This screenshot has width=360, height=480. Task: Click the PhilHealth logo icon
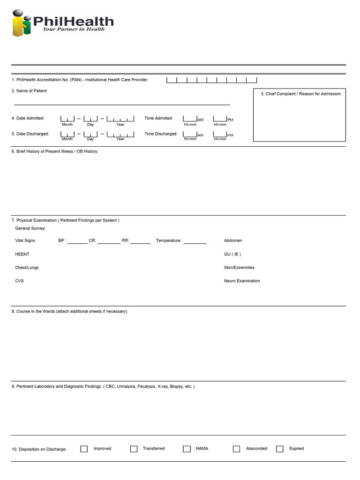[22, 23]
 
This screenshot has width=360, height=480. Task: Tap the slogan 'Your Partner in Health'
[74, 29]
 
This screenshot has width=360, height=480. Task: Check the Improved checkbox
[84, 449]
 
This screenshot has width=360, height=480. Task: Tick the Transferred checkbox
[134, 449]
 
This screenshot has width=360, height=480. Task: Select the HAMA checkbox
[187, 449]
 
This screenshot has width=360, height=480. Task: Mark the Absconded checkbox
[237, 449]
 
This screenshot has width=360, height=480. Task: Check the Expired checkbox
[280, 449]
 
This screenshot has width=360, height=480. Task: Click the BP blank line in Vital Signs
[77, 241]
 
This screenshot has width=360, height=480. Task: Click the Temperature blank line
[195, 241]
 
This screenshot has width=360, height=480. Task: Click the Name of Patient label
[29, 91]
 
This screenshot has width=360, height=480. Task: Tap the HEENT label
[22, 254]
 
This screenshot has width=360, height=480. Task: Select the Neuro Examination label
[242, 281]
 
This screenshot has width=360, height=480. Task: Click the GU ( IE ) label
[232, 254]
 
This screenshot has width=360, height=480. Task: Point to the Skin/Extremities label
[239, 268]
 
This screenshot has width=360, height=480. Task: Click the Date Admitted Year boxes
[120, 119]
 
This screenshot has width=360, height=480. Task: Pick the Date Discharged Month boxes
[67, 135]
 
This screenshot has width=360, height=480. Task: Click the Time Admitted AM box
[190, 119]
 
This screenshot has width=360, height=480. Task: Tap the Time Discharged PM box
[220, 135]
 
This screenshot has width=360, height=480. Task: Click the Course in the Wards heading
[70, 311]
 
